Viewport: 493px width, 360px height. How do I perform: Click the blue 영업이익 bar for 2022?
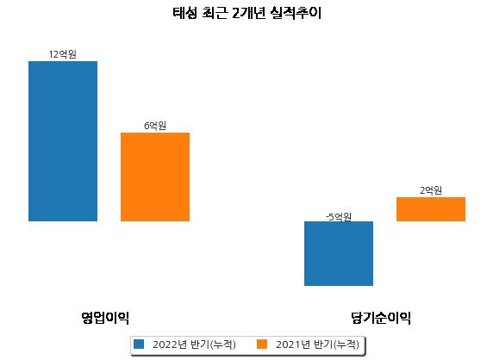(63, 141)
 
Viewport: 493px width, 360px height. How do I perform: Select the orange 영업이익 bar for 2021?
(155, 177)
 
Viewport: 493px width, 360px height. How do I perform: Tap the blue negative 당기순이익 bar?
(339, 253)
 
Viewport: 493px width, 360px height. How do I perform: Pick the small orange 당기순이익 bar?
(431, 209)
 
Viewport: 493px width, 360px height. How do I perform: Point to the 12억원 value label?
(63, 54)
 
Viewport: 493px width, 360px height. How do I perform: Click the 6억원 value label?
(155, 126)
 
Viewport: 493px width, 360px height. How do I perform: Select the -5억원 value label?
(339, 217)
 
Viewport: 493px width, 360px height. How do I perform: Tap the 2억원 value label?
(431, 190)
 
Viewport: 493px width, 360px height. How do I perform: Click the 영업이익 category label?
(105, 318)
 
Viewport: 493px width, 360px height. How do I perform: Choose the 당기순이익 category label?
(381, 318)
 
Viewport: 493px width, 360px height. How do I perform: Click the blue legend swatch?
(139, 344)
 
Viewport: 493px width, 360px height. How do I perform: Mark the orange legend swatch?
(262, 344)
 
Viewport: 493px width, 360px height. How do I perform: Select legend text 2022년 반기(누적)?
(194, 344)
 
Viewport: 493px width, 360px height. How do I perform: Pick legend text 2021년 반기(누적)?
(317, 344)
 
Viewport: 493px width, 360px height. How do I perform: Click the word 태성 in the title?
(184, 13)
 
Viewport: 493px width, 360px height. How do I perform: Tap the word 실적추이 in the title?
(296, 13)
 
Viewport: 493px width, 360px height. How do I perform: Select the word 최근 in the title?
(215, 13)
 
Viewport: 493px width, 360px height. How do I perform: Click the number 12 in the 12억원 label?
(53, 54)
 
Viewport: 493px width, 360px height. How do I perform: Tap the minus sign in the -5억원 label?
(328, 217)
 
